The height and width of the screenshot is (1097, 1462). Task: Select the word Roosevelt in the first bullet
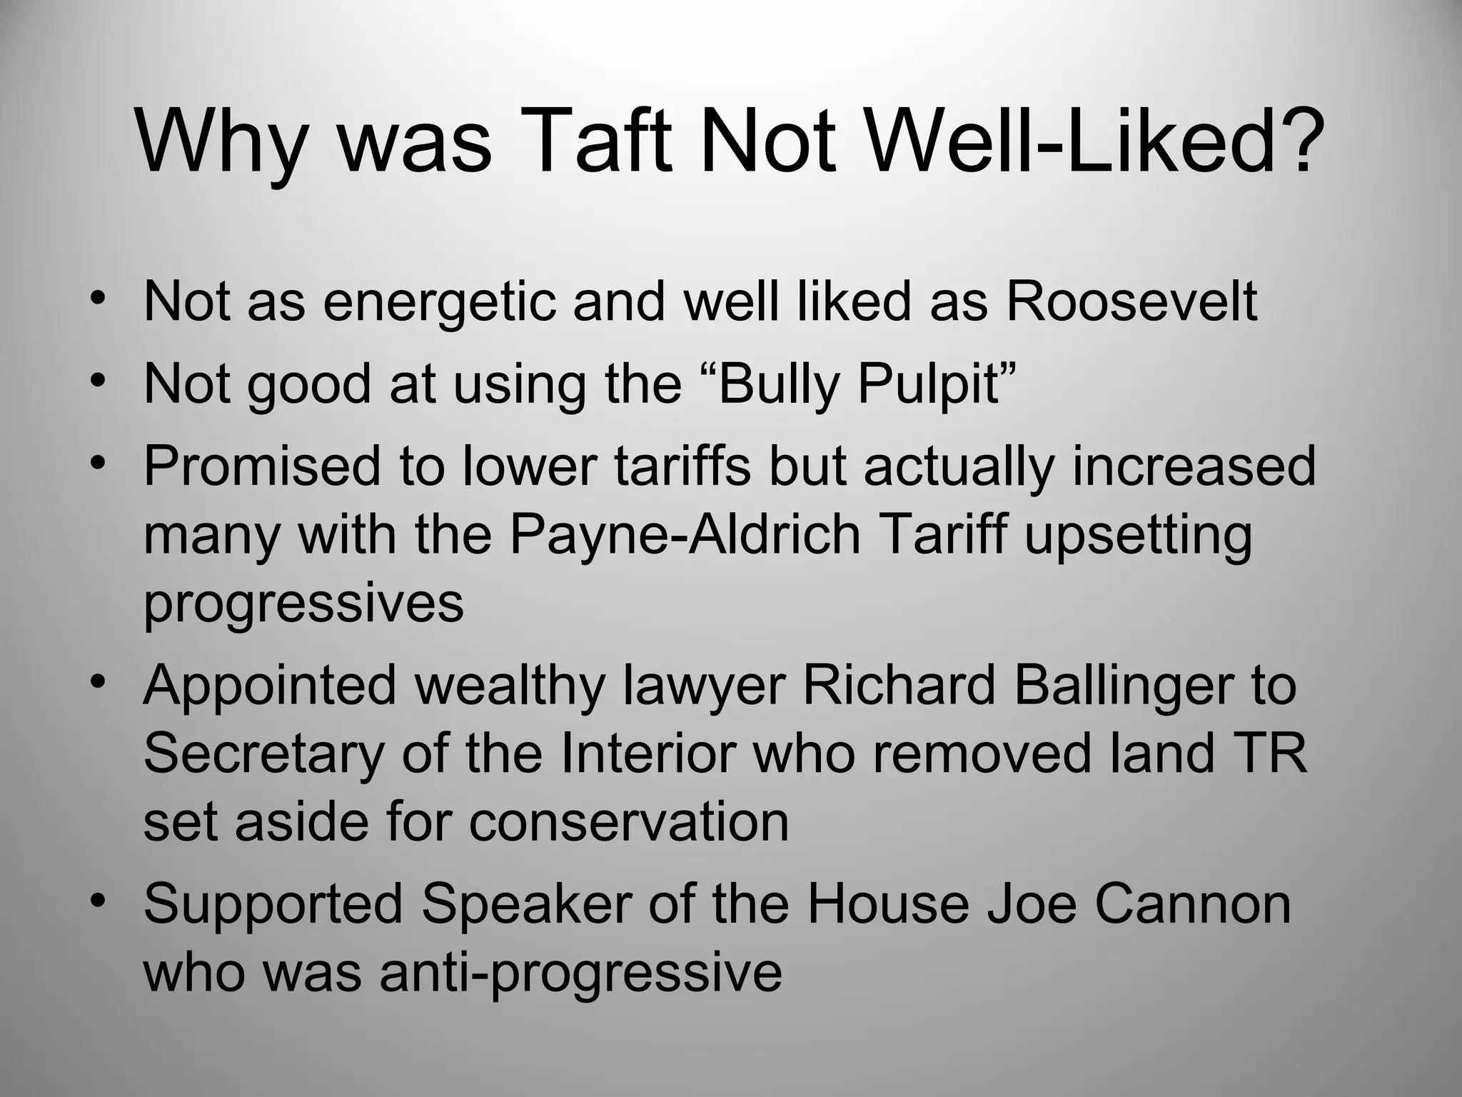pyautogui.click(x=1131, y=301)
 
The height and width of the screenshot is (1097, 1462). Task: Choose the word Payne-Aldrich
pyautogui.click(x=685, y=536)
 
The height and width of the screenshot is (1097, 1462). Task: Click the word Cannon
pyautogui.click(x=1193, y=904)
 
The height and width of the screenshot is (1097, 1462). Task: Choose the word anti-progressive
pyautogui.click(x=581, y=973)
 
